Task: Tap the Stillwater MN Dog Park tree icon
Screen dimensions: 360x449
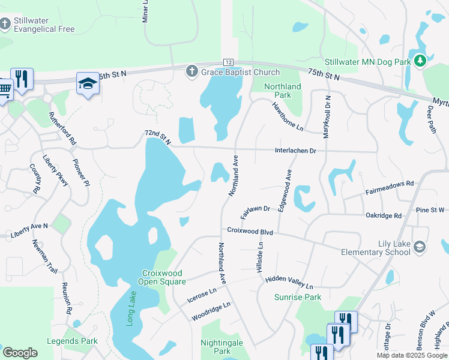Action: click(421, 61)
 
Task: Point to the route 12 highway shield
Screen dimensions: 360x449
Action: click(228, 62)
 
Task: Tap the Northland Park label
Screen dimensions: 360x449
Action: click(279, 91)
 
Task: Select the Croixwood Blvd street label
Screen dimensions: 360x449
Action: click(250, 230)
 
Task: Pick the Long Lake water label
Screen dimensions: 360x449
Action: click(131, 309)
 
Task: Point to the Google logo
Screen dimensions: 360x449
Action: click(20, 353)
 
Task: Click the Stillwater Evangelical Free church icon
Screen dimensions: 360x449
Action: click(5, 24)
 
